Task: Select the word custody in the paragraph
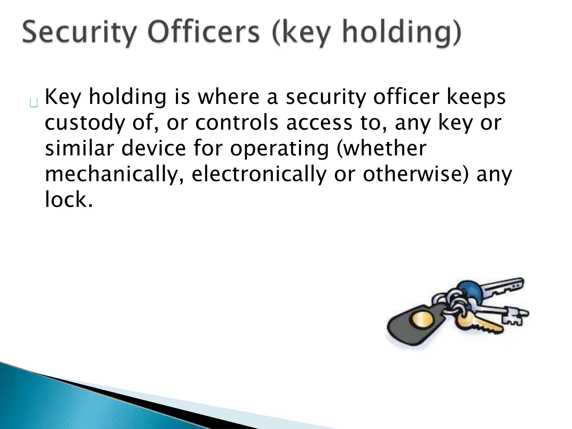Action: (x=84, y=123)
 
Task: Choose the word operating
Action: (x=279, y=149)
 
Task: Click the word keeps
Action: (x=476, y=97)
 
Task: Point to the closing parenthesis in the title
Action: (x=456, y=33)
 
